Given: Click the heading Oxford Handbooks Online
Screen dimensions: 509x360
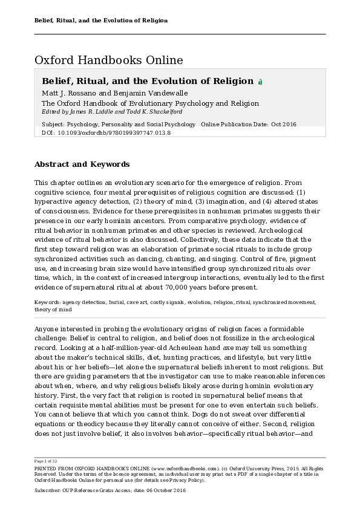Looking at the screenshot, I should click(x=108, y=60).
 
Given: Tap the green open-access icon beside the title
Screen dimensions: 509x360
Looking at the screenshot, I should click(x=260, y=82).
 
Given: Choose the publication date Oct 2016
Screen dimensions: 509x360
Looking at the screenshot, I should click(x=283, y=125).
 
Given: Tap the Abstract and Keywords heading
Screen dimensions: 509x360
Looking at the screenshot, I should click(x=82, y=164).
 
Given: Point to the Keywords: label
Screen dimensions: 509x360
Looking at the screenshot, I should click(x=48, y=302).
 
